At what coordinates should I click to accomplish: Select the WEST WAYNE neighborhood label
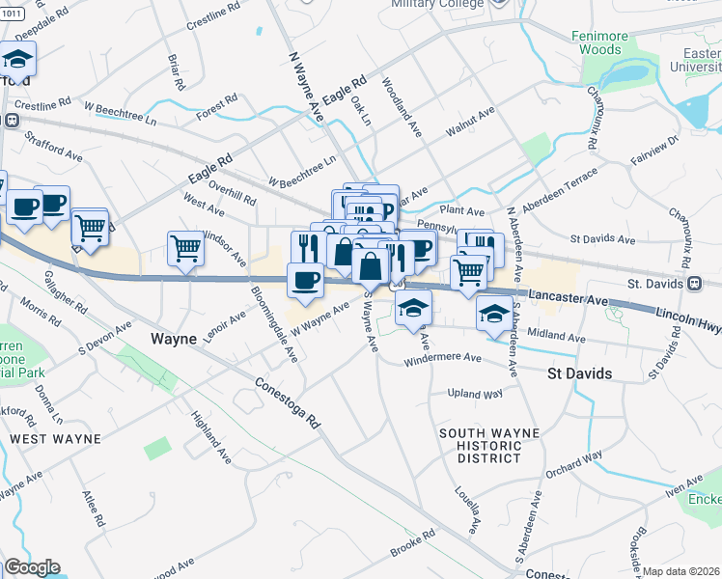pos(55,439)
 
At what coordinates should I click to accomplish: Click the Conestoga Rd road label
pos(287,403)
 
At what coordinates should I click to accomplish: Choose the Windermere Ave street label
pos(443,358)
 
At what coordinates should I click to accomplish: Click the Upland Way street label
pos(474,394)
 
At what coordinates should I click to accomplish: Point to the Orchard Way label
pos(572,464)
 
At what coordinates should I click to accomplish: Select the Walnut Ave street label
pos(469,123)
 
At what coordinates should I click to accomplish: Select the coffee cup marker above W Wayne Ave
pos(305,280)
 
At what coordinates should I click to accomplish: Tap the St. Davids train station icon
pos(693,284)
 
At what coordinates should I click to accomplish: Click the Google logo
pos(32,567)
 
